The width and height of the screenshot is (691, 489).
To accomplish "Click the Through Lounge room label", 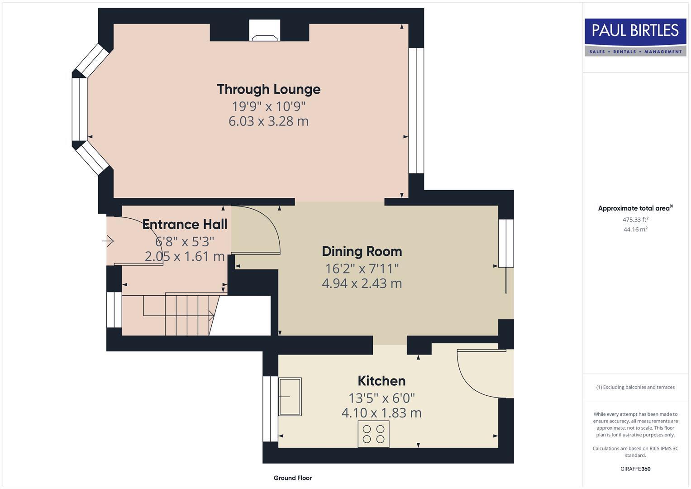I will (x=268, y=89).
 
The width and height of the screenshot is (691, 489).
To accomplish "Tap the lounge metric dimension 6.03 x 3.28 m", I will (x=268, y=121).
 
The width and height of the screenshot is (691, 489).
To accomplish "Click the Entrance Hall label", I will (x=185, y=225).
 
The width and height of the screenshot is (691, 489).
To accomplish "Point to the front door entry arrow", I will (x=108, y=241).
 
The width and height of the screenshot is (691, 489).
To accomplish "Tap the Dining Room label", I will (x=362, y=251).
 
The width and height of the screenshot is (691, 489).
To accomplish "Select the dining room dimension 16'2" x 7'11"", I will (x=362, y=268).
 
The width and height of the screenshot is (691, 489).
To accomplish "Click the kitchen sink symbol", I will (x=290, y=396).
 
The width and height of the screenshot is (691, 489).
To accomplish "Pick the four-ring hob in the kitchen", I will (x=373, y=434).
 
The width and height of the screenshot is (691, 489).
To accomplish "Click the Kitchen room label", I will (x=381, y=381).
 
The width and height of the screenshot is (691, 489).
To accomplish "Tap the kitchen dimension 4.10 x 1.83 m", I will (x=381, y=413).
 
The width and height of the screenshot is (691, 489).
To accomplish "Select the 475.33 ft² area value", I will (x=635, y=220).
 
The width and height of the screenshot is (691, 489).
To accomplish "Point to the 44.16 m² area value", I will (x=635, y=230).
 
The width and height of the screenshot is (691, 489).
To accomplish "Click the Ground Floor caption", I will (x=292, y=478).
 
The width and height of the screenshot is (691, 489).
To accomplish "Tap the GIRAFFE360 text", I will (x=635, y=469).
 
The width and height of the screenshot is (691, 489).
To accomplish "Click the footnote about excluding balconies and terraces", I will (x=635, y=387).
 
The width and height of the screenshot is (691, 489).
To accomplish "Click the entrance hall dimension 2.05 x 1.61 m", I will (x=185, y=256).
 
